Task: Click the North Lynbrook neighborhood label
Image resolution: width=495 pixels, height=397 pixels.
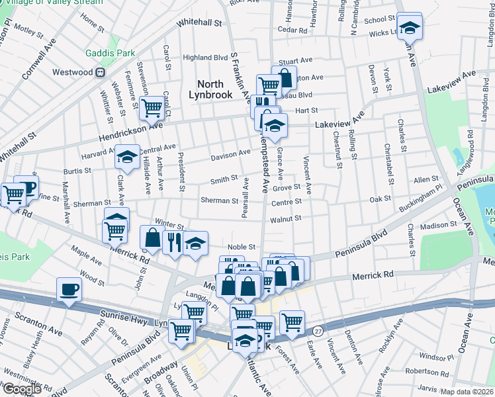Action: (x=215, y=89)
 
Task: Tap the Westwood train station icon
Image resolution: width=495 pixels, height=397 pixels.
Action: (x=101, y=72)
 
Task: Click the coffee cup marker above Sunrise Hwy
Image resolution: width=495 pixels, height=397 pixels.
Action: (x=69, y=289)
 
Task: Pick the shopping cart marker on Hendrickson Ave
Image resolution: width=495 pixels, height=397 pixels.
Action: (x=152, y=107)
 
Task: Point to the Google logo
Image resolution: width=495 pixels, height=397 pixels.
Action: (x=21, y=389)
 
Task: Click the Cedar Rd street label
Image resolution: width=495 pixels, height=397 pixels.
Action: (x=293, y=30)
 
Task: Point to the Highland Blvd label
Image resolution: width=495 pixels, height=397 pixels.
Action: (x=187, y=58)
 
